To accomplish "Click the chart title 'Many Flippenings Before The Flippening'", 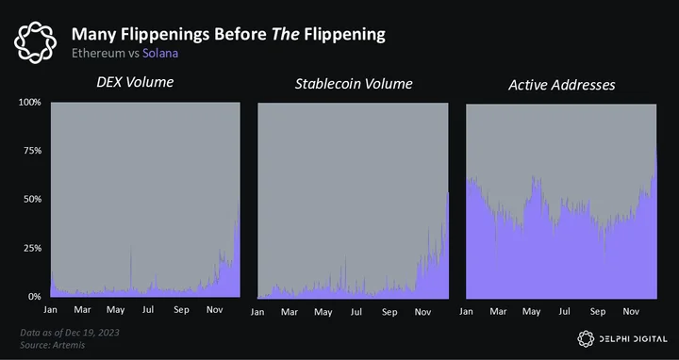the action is coord(228,35).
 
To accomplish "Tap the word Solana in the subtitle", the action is coord(160,53).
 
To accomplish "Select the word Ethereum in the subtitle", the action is coord(99,53).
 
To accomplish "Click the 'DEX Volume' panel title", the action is coord(135,82).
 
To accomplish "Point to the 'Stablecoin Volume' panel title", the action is coord(354,84).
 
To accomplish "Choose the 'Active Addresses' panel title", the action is coord(562,85).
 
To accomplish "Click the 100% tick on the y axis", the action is coord(30,102).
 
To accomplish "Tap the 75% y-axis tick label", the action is coord(32,151).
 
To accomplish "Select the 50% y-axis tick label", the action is coord(32,199).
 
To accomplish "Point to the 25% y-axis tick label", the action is coord(32,248).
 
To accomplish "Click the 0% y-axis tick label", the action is coord(35,297).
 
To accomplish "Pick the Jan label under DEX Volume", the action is coord(50,310).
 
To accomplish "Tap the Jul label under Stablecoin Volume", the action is coord(356,312).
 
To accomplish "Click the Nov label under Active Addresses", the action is coord(631,312).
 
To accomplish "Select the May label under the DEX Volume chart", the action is coord(116,310).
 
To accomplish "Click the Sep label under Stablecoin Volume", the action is coord(389,312).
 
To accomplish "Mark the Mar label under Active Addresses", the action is coord(498,312).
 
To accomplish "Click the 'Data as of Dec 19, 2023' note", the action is coord(70,333).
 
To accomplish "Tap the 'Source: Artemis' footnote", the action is coord(53,345).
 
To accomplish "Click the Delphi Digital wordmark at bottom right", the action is coord(633,339).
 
